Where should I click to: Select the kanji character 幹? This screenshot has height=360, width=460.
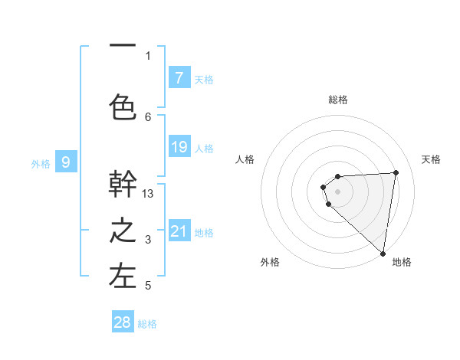tap(123, 184)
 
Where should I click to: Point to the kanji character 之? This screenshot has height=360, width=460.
tap(123, 231)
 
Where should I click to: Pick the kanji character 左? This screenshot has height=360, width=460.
tap(123, 277)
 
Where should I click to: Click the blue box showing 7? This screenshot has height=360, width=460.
tap(179, 78)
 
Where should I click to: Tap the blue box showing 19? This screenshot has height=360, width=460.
tap(179, 147)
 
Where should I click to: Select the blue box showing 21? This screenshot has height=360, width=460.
tap(179, 231)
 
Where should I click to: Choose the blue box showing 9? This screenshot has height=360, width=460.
tap(67, 162)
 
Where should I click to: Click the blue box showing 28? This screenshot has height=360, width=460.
tap(123, 322)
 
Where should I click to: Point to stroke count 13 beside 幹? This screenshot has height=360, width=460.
tap(149, 194)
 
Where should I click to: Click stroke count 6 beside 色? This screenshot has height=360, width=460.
tap(149, 116)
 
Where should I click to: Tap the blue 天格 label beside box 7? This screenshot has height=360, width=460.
tap(203, 79)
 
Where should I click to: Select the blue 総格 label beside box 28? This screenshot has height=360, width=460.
tap(147, 324)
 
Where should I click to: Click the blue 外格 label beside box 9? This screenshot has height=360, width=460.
tap(41, 163)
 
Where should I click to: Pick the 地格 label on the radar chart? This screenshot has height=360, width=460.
tap(402, 262)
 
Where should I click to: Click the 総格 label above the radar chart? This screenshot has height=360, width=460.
tap(338, 100)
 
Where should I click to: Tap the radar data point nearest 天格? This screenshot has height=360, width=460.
tap(396, 172)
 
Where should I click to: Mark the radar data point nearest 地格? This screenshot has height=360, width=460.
tap(383, 254)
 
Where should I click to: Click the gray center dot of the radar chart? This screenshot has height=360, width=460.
tap(337, 191)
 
